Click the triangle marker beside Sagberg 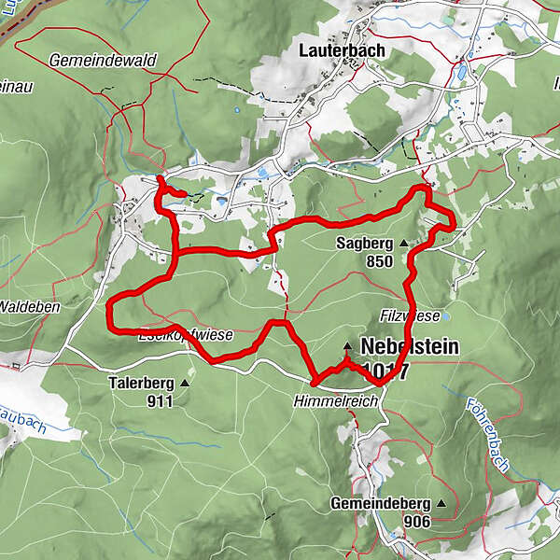[x=403, y=245]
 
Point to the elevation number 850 [x=379, y=262]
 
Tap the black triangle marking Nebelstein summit [x=347, y=345]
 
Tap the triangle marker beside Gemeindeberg [x=439, y=504]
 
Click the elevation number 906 [x=417, y=522]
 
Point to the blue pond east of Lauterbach [x=459, y=72]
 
